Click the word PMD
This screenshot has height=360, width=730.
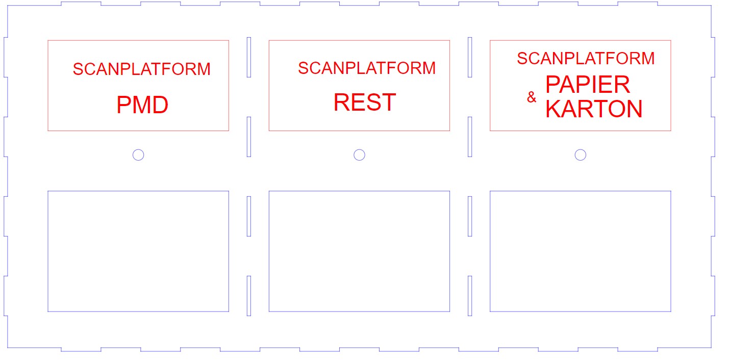tap(142, 105)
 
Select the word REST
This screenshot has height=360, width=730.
tap(365, 102)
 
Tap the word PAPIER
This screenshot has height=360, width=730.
tap(588, 84)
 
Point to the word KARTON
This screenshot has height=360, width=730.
tap(594, 109)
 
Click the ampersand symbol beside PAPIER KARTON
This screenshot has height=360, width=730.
tap(532, 97)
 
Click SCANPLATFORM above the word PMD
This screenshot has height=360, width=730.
tap(142, 69)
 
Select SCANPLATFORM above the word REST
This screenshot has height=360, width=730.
tap(367, 68)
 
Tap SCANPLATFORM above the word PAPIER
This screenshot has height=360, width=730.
tap(586, 58)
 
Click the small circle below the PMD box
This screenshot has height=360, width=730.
tap(138, 149)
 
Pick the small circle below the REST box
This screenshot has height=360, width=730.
tap(359, 149)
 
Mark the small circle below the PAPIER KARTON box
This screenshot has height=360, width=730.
tap(580, 149)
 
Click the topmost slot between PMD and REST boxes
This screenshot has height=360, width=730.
tap(247, 57)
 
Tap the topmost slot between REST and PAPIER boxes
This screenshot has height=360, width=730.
tap(468, 57)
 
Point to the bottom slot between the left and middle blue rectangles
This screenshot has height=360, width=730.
tap(247, 296)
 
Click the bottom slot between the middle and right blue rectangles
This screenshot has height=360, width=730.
tap(468, 296)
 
